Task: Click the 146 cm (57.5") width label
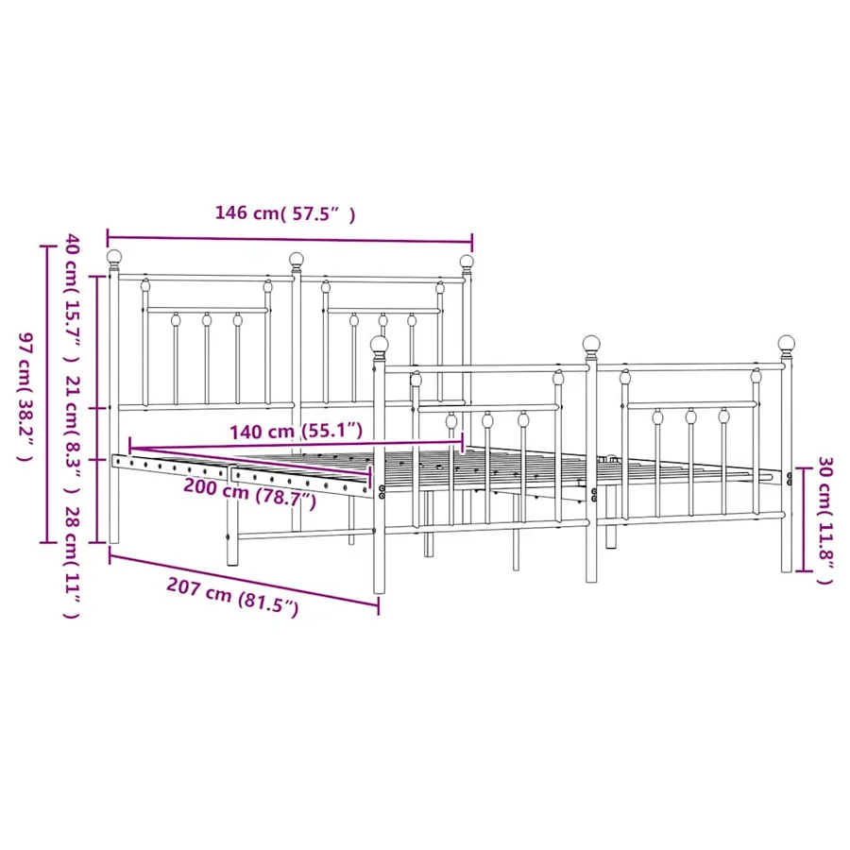[x=285, y=213]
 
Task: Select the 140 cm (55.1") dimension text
[x=296, y=431]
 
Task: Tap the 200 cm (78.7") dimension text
[x=250, y=492]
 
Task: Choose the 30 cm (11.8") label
[x=824, y=520]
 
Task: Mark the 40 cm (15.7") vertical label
[x=73, y=298]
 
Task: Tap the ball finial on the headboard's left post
[x=114, y=258]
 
